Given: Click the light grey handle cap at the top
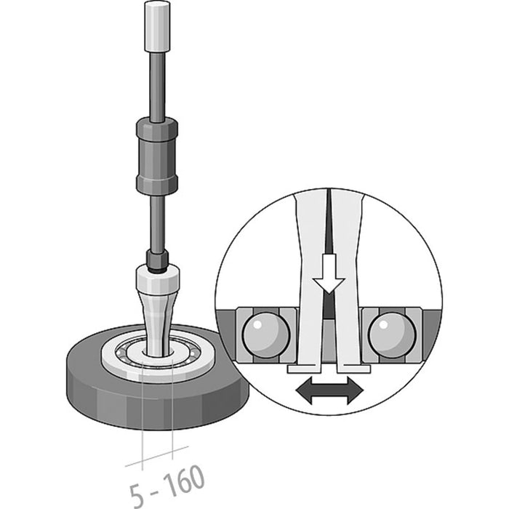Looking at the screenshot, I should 157,25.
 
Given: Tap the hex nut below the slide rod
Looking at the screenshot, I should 158,258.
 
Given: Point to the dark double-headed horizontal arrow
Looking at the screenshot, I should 329,391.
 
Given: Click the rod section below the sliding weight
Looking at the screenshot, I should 157,222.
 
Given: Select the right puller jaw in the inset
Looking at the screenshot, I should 350,291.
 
